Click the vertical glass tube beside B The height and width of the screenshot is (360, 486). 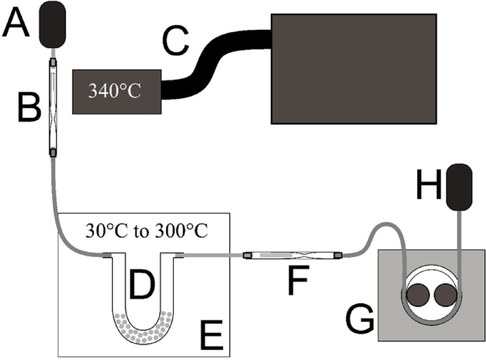click(53, 107)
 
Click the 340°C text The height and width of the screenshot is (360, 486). click(117, 91)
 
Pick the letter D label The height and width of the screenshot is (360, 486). click(141, 287)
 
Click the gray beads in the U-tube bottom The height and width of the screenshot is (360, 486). click(142, 327)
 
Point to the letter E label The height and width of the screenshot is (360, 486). click(211, 334)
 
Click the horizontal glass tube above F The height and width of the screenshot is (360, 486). click(292, 254)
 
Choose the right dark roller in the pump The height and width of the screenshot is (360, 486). click(447, 293)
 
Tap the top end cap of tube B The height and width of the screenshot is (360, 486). click(53, 62)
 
